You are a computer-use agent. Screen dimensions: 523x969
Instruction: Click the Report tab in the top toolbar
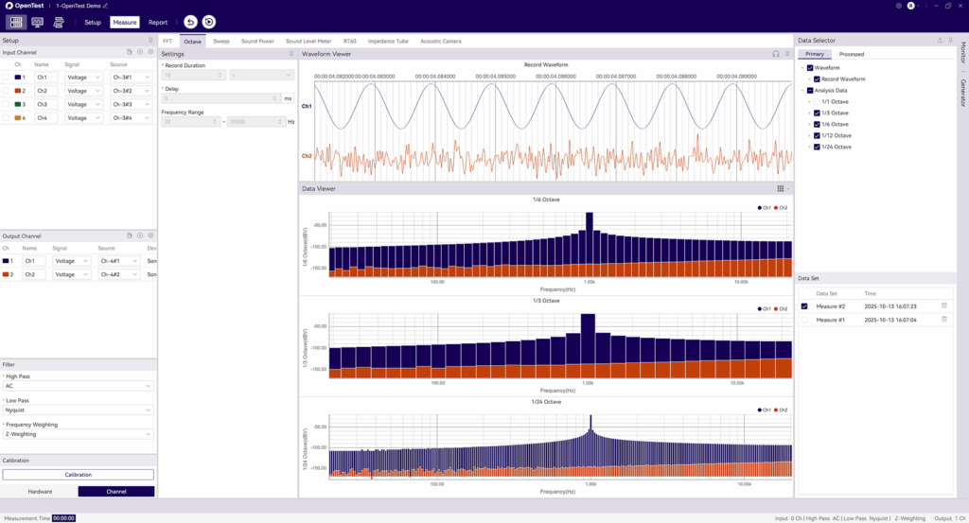click(158, 22)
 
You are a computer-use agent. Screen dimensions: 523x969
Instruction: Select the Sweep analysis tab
click(220, 42)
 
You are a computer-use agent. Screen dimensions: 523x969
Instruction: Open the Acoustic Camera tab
click(440, 42)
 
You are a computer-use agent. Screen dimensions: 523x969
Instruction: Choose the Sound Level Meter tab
click(308, 42)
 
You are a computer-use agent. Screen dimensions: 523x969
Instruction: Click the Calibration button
click(78, 475)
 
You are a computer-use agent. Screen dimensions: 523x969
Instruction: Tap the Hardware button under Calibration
click(40, 492)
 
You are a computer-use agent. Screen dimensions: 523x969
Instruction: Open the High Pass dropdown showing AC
click(78, 386)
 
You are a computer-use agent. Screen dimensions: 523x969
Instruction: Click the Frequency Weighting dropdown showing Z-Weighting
click(78, 434)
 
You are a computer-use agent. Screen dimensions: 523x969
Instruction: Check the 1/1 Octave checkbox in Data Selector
click(817, 101)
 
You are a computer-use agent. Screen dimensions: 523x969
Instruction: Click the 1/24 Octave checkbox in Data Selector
click(817, 147)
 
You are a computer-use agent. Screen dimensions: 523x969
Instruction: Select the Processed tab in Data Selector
click(851, 54)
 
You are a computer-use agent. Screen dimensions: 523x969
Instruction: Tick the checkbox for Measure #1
click(804, 320)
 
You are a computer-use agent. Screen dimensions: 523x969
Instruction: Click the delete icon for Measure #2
click(943, 305)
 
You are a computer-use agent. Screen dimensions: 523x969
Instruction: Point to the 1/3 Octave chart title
click(546, 301)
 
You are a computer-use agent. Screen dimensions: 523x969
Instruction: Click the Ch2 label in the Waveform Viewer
click(307, 156)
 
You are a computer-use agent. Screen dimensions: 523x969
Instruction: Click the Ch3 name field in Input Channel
click(46, 104)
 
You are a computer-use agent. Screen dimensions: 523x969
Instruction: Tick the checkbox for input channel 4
click(6, 118)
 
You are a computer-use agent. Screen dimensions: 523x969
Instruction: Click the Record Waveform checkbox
click(817, 79)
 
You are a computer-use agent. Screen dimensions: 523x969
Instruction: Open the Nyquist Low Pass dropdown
click(78, 410)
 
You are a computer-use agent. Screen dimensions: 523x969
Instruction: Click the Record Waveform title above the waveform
click(546, 64)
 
